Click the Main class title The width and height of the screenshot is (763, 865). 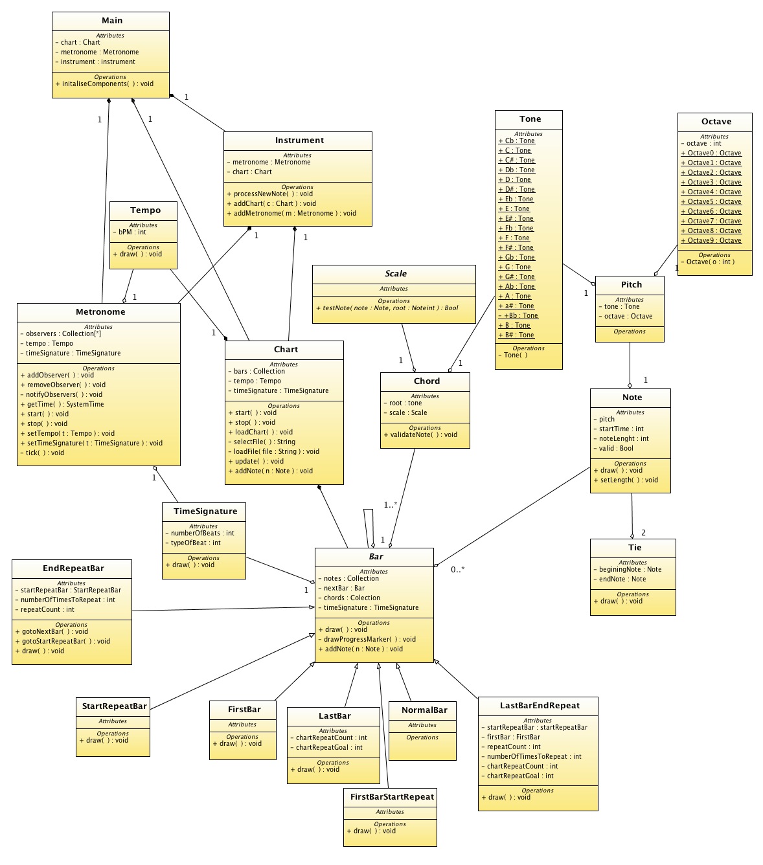(112, 21)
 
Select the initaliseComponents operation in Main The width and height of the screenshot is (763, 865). (104, 84)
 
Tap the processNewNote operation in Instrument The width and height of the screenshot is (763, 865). (270, 194)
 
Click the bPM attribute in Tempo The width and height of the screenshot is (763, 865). (130, 232)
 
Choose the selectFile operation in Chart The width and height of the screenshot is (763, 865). (262, 442)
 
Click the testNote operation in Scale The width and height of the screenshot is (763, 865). (387, 308)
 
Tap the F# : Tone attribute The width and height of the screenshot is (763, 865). (516, 247)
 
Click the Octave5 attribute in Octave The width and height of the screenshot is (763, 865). (711, 201)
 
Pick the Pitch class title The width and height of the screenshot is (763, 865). (632, 285)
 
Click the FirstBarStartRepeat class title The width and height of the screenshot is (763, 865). (392, 796)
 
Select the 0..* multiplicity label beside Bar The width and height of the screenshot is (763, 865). (457, 569)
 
